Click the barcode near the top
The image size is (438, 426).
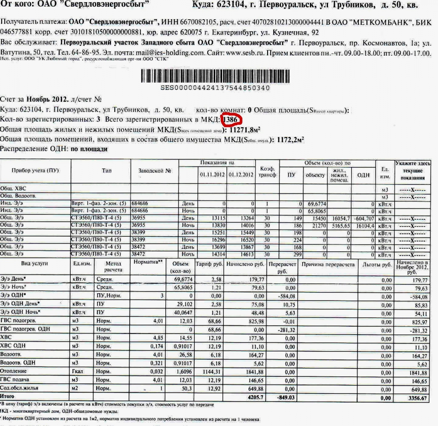pyautogui.click(x=215, y=76)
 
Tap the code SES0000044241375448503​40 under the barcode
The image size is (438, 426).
pyautogui.click(x=215, y=88)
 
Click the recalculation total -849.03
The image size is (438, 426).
pyautogui.click(x=282, y=397)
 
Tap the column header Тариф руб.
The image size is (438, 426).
pyautogui.click(x=209, y=264)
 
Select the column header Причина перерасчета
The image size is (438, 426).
pyautogui.click(x=328, y=264)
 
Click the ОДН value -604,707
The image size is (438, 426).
pyautogui.click(x=364, y=218)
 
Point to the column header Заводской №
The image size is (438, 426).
pyautogui.click(x=155, y=170)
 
